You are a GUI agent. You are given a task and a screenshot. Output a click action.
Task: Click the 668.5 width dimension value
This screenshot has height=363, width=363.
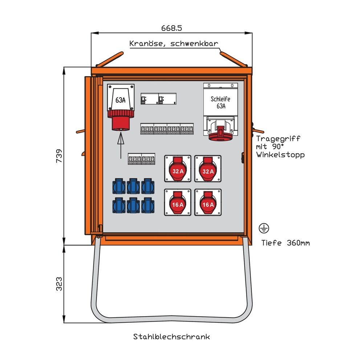point(171,28)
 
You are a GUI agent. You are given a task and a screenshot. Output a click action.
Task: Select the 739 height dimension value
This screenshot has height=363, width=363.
point(59,156)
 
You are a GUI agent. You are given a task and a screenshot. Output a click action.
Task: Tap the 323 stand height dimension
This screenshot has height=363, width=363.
point(59,284)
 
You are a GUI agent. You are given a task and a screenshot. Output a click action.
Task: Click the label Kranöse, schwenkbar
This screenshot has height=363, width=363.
point(174,44)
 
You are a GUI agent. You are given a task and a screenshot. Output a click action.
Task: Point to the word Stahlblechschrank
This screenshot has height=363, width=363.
point(171,337)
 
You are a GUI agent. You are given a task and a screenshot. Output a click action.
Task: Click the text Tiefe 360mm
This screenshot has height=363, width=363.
point(285,243)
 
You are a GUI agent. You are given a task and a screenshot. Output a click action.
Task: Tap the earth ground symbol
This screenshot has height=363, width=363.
point(264,228)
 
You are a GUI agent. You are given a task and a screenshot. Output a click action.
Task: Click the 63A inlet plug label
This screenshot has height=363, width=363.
point(121,100)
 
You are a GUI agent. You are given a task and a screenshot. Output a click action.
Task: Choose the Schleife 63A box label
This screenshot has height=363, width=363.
point(221,102)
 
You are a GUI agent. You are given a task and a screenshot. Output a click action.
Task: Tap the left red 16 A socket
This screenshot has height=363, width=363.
point(178,202)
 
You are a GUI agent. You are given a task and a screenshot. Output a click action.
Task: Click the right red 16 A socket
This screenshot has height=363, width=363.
point(208,202)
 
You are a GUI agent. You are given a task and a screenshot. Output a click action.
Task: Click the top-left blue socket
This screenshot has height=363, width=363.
point(119,186)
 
